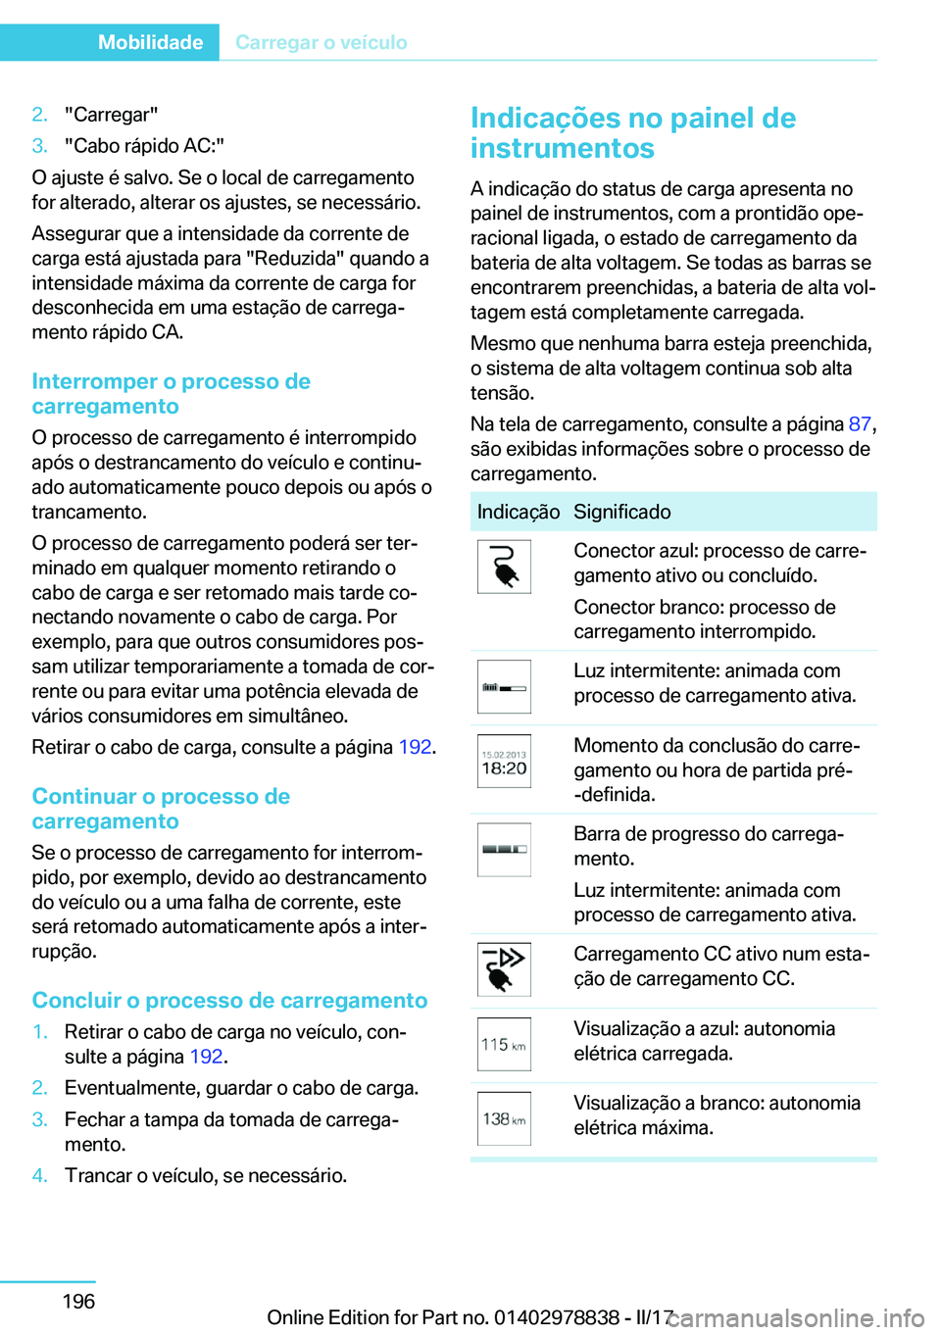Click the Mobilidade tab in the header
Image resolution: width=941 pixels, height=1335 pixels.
150,42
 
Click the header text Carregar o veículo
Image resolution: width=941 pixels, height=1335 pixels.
321,42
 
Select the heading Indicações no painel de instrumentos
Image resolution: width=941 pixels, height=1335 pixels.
632,132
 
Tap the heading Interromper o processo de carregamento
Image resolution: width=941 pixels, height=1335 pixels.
171,393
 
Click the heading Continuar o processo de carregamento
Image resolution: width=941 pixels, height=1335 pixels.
161,809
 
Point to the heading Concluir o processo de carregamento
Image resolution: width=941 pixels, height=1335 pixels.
229,1000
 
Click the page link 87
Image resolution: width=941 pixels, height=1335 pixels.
859,423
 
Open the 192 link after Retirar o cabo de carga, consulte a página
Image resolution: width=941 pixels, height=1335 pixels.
415,747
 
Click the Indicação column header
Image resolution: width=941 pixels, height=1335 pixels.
518,512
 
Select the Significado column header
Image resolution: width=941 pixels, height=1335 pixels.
621,512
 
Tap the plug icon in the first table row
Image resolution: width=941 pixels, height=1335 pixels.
504,567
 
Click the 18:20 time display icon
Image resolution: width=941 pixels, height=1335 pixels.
504,762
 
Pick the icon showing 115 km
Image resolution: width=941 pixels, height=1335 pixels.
504,1045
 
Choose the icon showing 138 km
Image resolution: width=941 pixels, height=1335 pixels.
504,1119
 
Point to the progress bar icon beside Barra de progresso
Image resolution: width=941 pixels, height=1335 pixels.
504,849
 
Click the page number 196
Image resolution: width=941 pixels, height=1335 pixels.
78,1301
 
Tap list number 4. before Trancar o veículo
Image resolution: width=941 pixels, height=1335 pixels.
39,1175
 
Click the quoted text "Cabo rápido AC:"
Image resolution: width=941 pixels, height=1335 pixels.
144,146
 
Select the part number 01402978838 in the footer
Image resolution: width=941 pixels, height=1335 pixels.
557,1317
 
